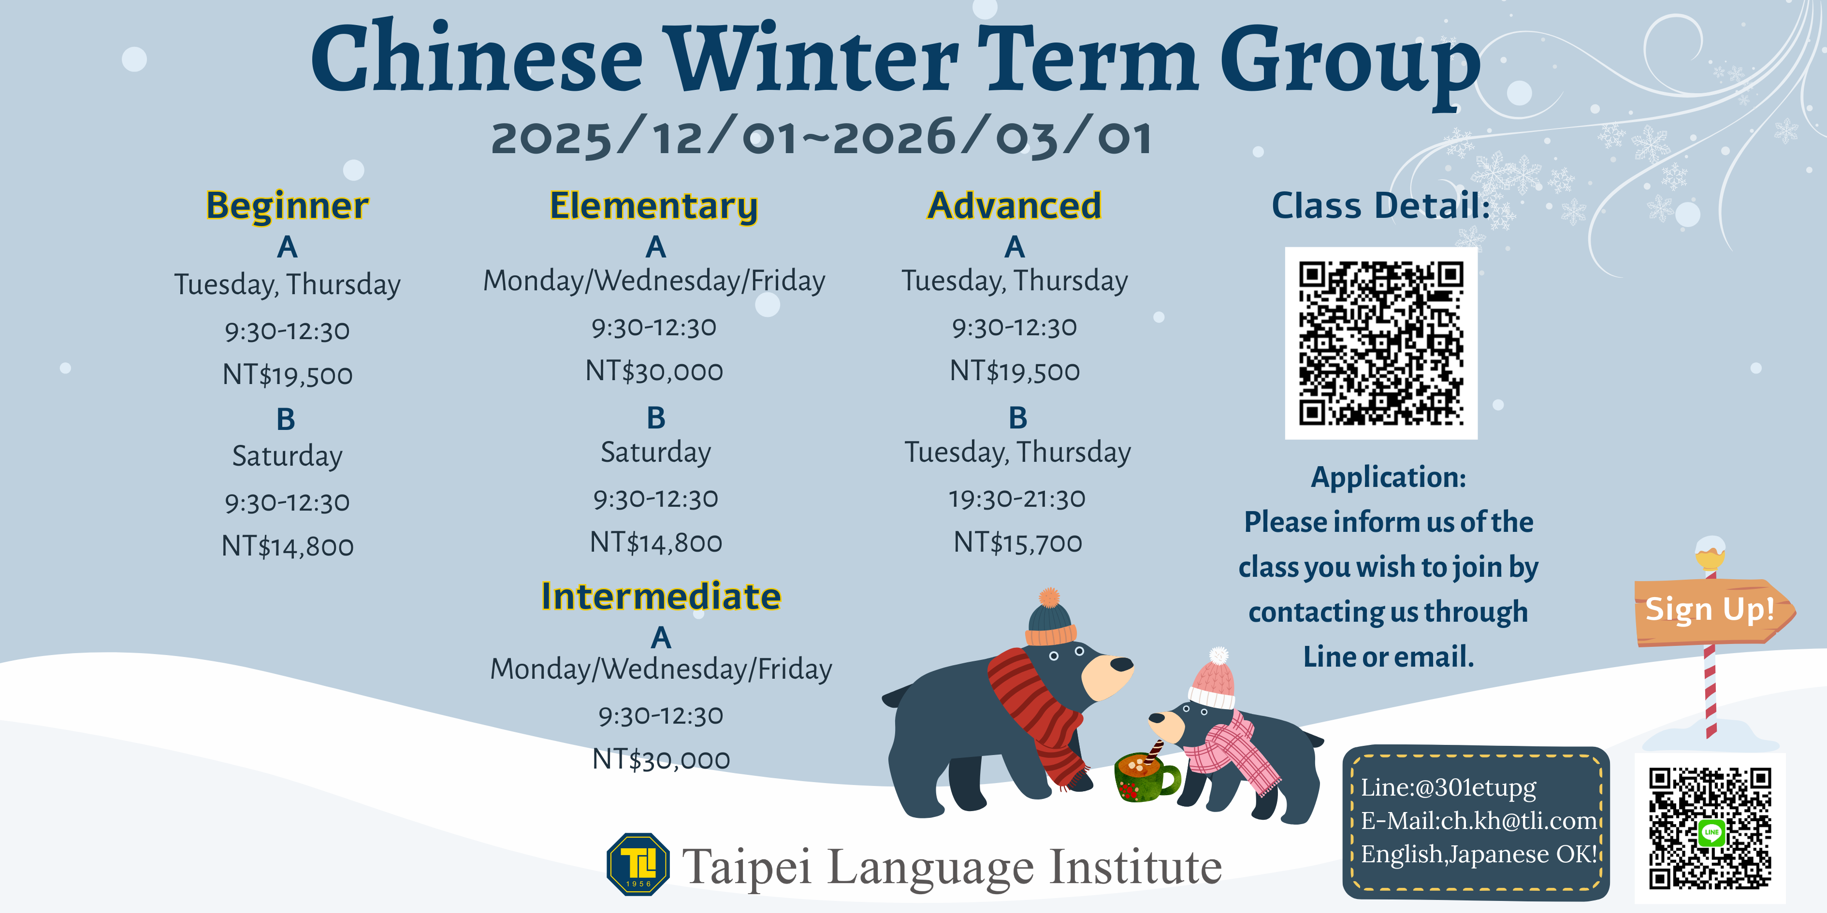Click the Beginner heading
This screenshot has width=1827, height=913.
point(287,206)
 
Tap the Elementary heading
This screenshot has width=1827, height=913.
point(654,206)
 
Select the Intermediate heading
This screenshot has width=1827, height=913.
point(661,596)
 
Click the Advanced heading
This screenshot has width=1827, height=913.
point(1014,206)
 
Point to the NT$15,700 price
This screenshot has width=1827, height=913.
point(1018,542)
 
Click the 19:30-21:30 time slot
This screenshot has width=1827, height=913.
point(1017,499)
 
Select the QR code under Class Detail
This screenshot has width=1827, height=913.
point(1381,343)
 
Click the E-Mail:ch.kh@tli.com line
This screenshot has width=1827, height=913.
point(1479,820)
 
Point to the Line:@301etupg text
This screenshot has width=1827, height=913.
point(1448,787)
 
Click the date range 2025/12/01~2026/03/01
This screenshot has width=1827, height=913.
point(821,138)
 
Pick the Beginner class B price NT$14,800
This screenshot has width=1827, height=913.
point(287,546)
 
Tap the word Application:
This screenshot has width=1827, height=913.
point(1388,477)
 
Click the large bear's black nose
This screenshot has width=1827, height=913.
point(1121,664)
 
